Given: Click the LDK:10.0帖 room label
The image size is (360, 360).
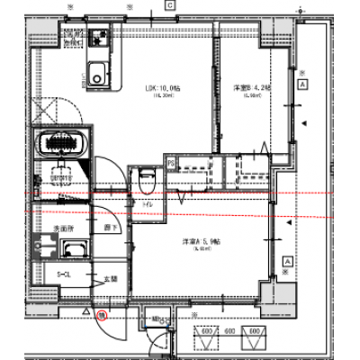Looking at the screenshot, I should [163, 87].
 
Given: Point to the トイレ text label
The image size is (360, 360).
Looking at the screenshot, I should [148, 205].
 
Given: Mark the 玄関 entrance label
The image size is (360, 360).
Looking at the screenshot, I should [111, 280].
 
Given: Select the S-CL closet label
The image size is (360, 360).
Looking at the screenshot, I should [65, 273].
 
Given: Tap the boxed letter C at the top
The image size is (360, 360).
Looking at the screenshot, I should [168, 4].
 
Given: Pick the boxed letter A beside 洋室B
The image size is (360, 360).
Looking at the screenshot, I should [304, 84].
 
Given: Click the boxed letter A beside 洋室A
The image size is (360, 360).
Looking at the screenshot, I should [287, 260].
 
